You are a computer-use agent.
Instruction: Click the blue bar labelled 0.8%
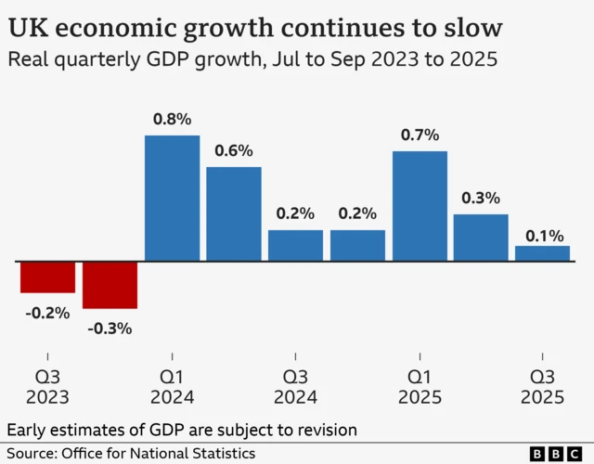click(x=173, y=198)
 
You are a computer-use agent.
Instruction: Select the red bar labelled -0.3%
click(x=110, y=284)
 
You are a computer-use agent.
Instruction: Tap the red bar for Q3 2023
click(x=47, y=277)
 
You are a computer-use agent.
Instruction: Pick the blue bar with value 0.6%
click(x=234, y=213)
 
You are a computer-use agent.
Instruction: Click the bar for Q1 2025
click(x=420, y=205)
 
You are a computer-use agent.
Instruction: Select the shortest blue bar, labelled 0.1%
click(x=543, y=252)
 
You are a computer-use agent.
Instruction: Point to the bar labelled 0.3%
click(x=481, y=237)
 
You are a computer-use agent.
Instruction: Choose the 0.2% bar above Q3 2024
click(x=296, y=245)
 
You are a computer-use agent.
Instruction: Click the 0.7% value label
click(x=420, y=135)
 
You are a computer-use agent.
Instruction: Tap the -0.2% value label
click(x=47, y=313)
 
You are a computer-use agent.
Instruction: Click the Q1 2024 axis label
click(x=172, y=387)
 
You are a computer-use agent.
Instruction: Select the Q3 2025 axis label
click(x=543, y=387)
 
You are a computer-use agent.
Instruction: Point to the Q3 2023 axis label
click(x=47, y=387)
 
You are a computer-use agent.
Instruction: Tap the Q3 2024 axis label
click(x=296, y=387)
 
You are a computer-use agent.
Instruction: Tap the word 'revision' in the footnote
click(x=326, y=431)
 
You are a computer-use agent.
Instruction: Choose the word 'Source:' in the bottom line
click(x=31, y=453)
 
